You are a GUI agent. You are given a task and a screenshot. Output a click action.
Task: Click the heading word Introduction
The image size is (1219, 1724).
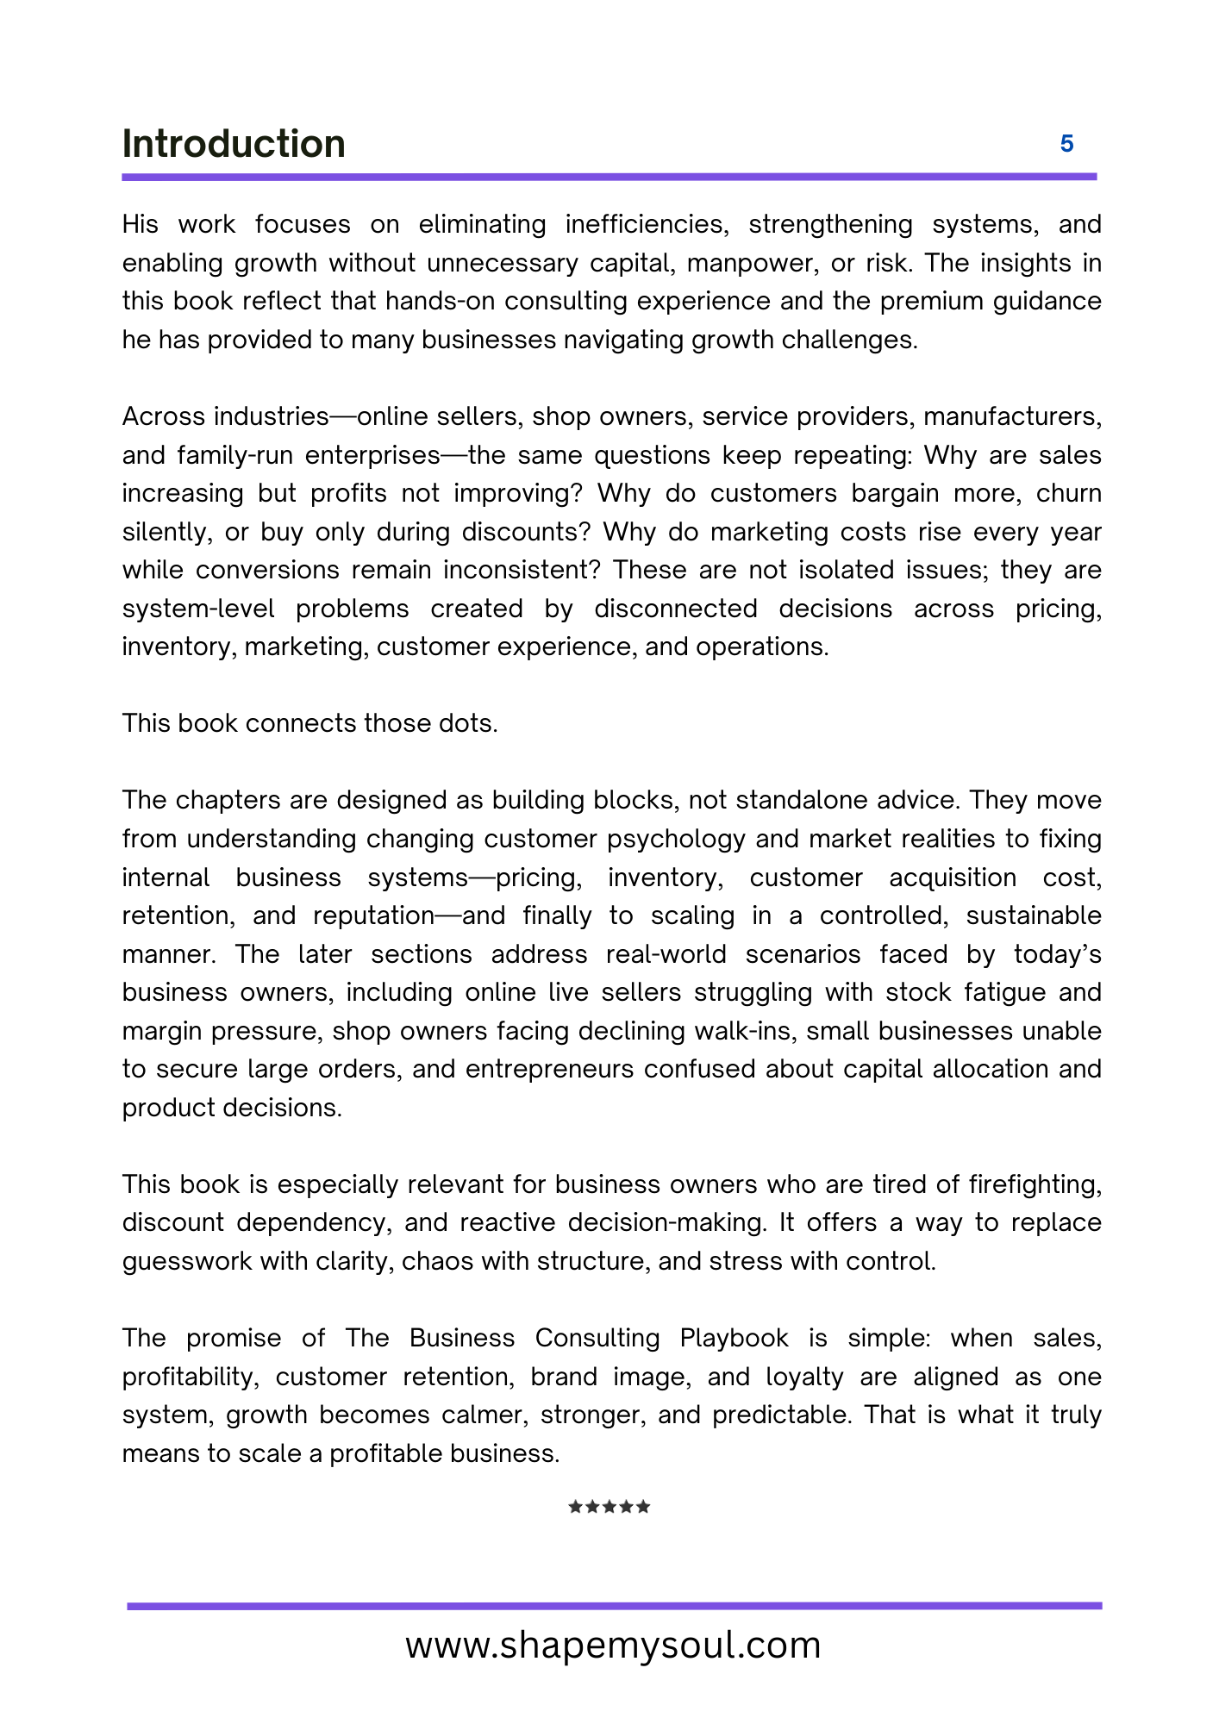point(234,144)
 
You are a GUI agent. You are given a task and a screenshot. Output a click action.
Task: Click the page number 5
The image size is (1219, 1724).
point(1066,144)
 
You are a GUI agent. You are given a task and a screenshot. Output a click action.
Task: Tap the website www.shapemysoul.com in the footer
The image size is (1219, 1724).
point(613,1645)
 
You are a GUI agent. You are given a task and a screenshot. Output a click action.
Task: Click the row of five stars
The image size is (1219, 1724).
point(609,1507)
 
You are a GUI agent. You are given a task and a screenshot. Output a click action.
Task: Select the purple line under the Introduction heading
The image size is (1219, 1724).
point(609,177)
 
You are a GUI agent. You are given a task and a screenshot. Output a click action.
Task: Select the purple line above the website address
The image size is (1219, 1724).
point(614,1606)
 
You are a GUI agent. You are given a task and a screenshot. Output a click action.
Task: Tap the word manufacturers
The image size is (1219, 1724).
point(1012,416)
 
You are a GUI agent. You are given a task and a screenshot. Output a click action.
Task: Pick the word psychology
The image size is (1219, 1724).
point(672,839)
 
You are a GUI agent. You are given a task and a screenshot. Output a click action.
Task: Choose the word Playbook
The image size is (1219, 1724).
point(734,1338)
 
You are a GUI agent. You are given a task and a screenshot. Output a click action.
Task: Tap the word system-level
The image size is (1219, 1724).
point(198,609)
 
